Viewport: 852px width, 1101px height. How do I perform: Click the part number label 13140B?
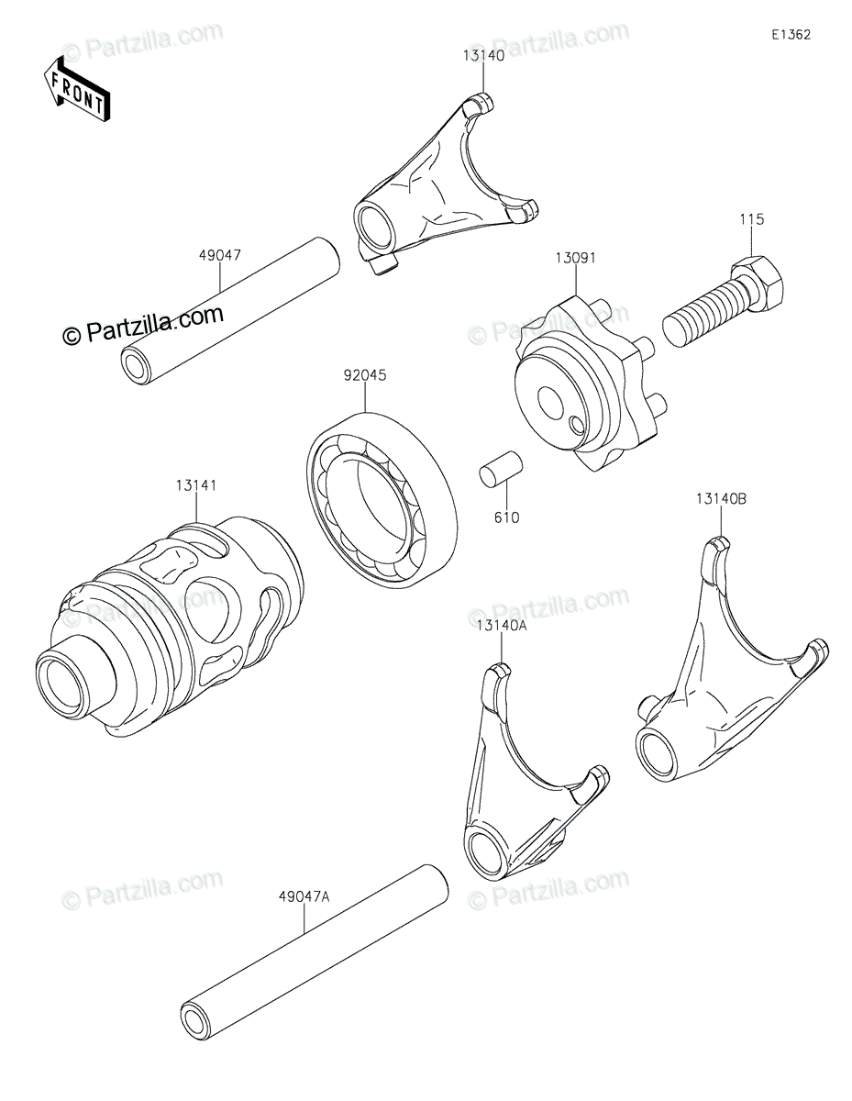[x=721, y=499]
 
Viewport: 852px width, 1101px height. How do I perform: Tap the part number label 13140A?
[x=501, y=627]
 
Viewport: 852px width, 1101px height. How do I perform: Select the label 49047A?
[x=304, y=897]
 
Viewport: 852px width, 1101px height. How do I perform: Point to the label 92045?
[x=364, y=375]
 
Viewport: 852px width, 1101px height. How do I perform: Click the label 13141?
[x=196, y=485]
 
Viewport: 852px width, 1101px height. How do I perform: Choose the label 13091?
[x=576, y=258]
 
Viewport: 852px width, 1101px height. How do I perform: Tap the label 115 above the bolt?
[x=751, y=219]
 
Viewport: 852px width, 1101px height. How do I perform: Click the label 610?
[x=507, y=517]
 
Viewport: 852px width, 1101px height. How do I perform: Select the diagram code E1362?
[x=791, y=35]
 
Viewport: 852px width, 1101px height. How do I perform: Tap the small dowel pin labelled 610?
[x=501, y=468]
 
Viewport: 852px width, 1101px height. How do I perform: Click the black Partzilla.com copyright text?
[x=143, y=325]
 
